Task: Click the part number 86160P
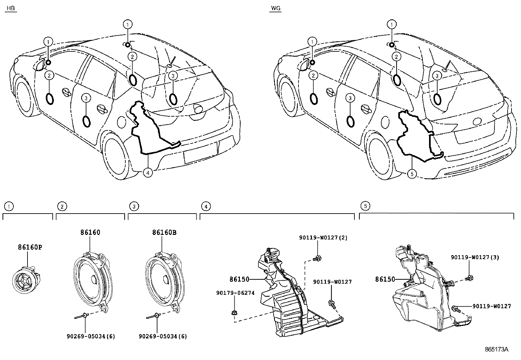pos(30,247)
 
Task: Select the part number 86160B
pos(164,233)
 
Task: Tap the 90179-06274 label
pos(235,293)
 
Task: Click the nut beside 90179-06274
pos(235,313)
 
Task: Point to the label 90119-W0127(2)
pos(323,238)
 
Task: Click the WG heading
pos(276,8)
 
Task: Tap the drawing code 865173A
pos(496,349)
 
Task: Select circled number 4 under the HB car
pos(148,173)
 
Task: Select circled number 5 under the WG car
pos(412,174)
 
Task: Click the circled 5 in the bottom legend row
pos(365,206)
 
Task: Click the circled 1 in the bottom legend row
pos(9,206)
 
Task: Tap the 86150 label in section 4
pos(239,279)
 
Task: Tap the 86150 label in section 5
pos(385,279)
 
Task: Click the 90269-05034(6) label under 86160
pos(91,336)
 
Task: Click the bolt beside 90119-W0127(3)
pos(469,278)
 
